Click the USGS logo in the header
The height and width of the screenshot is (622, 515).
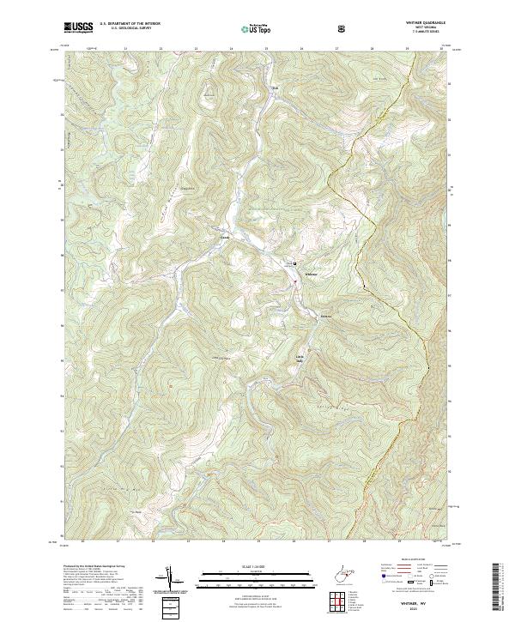pyautogui.click(x=79, y=27)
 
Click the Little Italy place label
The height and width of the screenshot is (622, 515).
pyautogui.click(x=300, y=358)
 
